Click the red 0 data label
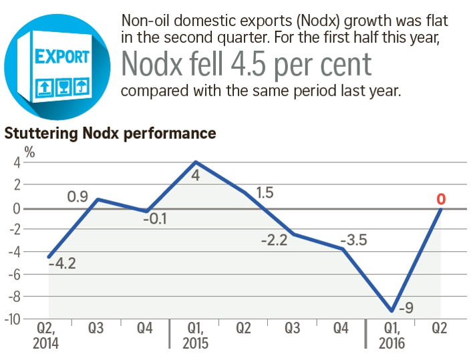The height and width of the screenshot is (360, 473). pyautogui.click(x=441, y=199)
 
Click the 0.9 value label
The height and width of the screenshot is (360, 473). pyautogui.click(x=78, y=197)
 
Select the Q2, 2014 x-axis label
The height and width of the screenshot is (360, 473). pyautogui.click(x=45, y=336)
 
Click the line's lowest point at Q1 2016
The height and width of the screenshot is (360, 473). pyautogui.click(x=392, y=311)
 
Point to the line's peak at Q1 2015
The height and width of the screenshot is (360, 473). pyautogui.click(x=196, y=162)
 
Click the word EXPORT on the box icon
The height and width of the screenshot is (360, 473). pyautogui.click(x=63, y=55)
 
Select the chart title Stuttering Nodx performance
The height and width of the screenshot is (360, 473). pyautogui.click(x=110, y=133)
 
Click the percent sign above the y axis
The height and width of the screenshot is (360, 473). pyautogui.click(x=30, y=150)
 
